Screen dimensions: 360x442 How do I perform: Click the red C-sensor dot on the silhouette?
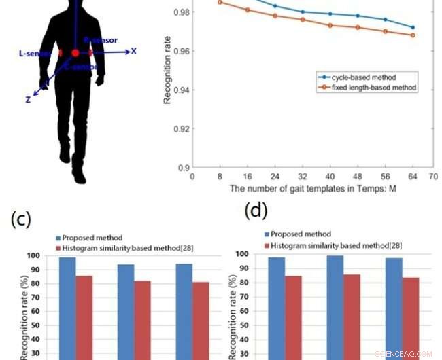tap(75, 52)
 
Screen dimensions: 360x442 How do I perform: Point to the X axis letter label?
tap(134, 51)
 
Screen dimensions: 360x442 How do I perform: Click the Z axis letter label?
tap(28, 99)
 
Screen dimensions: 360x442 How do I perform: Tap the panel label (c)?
tap(23, 218)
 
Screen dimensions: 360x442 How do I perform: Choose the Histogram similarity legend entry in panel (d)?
tap(322, 245)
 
